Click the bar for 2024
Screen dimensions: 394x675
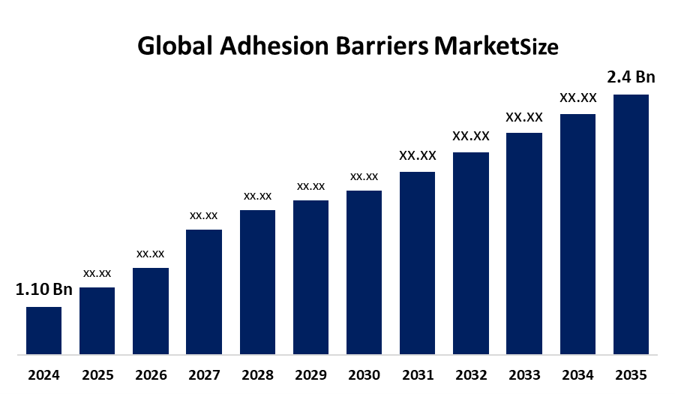coord(43,330)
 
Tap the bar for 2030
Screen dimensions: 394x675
coord(364,272)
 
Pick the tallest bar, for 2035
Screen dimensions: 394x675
coord(631,224)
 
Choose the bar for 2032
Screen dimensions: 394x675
coord(471,253)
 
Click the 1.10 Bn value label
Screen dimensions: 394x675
coord(43,290)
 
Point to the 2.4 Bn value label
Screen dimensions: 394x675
coord(631,77)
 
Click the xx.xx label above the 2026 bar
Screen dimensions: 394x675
coord(150,254)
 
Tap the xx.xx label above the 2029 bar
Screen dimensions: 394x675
coord(310,186)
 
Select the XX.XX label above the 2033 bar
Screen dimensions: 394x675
coord(523,117)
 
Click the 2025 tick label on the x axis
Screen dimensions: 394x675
coord(97,374)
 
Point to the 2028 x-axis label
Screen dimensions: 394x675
coord(257,374)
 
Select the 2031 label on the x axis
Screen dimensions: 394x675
coord(417,374)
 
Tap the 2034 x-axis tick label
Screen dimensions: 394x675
coord(577,374)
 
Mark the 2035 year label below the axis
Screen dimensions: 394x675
coord(631,374)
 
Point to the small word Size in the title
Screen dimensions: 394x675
coord(539,49)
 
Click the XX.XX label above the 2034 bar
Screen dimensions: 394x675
coord(577,98)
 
